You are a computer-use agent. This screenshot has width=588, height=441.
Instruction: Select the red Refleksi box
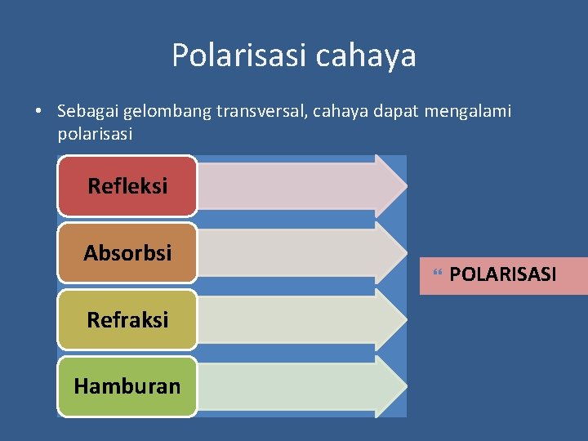127,186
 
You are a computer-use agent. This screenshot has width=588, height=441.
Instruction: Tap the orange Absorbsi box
127,253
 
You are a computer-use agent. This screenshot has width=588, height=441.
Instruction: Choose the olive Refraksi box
127,320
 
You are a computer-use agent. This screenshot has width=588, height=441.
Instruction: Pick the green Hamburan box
127,386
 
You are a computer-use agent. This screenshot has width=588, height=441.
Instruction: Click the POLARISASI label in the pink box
502,274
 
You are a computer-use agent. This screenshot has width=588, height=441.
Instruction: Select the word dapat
394,111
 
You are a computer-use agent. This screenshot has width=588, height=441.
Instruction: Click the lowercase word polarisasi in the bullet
95,133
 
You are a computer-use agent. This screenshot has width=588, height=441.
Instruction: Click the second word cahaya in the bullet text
342,111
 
